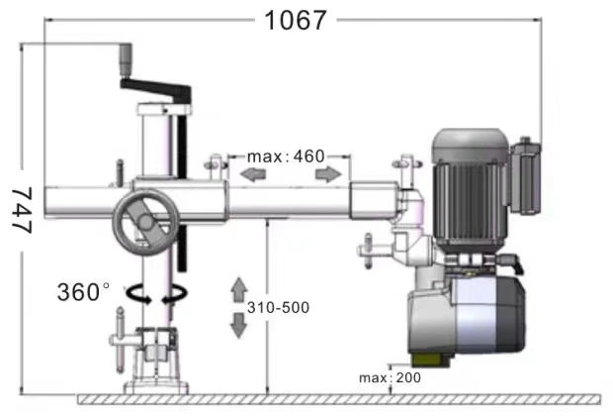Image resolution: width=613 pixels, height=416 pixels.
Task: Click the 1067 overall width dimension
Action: coord(296,21)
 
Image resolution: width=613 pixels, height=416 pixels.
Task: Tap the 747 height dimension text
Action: coord(22,210)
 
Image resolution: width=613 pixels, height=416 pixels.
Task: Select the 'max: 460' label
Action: coord(286,156)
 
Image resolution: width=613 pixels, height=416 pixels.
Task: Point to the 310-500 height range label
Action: coord(278,307)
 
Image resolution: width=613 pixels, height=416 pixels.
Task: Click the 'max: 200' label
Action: coord(390,378)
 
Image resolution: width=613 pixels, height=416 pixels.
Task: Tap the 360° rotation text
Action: coord(83,292)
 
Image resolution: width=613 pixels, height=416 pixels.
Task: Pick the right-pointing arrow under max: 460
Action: coord(328,174)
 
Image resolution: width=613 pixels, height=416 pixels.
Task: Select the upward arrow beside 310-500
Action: coord(239,289)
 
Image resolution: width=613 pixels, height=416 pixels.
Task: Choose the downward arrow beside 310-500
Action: coord(238,326)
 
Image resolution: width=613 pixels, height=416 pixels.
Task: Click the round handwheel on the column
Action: coord(145,223)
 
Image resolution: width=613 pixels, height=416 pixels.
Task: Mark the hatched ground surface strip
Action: coord(339,399)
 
